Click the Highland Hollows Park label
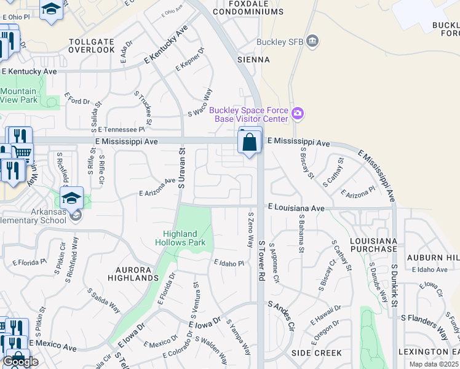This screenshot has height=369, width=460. click(184, 238)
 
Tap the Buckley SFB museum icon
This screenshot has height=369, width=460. click(313, 41)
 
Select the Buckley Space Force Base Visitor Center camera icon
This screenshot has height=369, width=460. click(298, 113)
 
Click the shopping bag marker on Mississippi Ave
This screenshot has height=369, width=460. click(250, 143)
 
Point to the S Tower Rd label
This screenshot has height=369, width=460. click(261, 252)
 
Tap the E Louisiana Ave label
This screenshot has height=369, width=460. click(296, 208)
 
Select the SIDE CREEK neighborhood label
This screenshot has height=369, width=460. click(316, 353)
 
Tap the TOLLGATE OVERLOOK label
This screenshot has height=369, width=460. click(92, 45)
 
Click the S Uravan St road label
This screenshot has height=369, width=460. click(181, 167)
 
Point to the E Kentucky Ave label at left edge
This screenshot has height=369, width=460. click(29, 72)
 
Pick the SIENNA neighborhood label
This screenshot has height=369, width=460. click(253, 60)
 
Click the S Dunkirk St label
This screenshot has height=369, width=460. click(394, 282)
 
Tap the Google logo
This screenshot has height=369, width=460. click(20, 362)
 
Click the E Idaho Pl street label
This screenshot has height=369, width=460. click(229, 263)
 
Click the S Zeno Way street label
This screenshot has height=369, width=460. click(250, 230)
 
